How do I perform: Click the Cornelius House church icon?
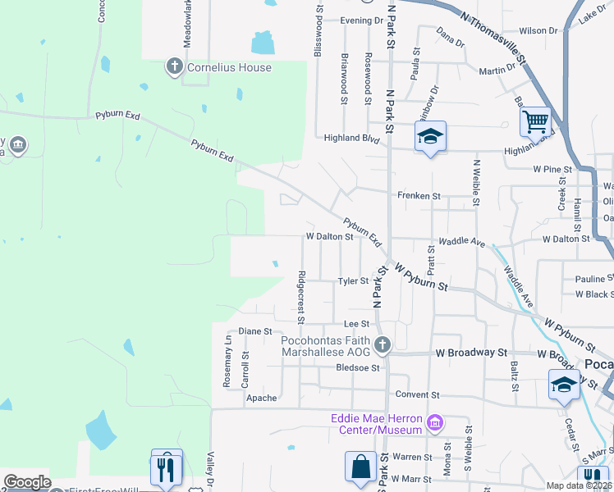pyautogui.click(x=174, y=67)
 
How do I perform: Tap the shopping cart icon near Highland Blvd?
pyautogui.click(x=535, y=122)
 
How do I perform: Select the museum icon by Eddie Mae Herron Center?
pyautogui.click(x=435, y=423)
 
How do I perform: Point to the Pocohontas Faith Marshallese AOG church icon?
pyautogui.click(x=382, y=344)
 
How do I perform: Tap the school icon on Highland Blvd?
pyautogui.click(x=430, y=137)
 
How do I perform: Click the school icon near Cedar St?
pyautogui.click(x=564, y=385)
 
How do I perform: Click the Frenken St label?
pyautogui.click(x=419, y=197)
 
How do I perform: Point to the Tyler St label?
pyautogui.click(x=354, y=281)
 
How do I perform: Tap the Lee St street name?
pyautogui.click(x=352, y=325)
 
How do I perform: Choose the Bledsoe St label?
pyautogui.click(x=358, y=368)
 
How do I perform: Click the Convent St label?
pyautogui.click(x=412, y=394)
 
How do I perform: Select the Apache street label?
pyautogui.click(x=262, y=398)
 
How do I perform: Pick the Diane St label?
pyautogui.click(x=254, y=331)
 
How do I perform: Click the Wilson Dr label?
pyautogui.click(x=538, y=30)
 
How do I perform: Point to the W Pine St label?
pyautogui.click(x=552, y=169)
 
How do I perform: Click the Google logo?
pyautogui.click(x=27, y=482)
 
